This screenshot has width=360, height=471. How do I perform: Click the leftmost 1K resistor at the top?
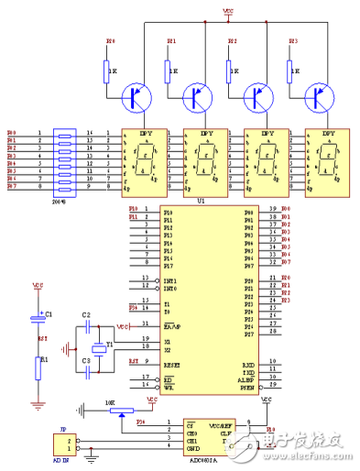(x=108, y=70)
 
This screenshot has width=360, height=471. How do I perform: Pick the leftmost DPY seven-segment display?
(x=146, y=162)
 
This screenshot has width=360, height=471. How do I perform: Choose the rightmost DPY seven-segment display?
(x=327, y=162)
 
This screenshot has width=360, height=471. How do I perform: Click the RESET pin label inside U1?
(x=172, y=364)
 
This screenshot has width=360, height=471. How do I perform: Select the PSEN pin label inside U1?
(x=247, y=386)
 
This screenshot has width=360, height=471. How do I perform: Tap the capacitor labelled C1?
(x=38, y=319)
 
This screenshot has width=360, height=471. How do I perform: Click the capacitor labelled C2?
(x=87, y=326)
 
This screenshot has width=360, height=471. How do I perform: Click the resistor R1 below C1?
(x=38, y=367)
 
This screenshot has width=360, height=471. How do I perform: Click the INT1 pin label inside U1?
(x=169, y=279)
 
